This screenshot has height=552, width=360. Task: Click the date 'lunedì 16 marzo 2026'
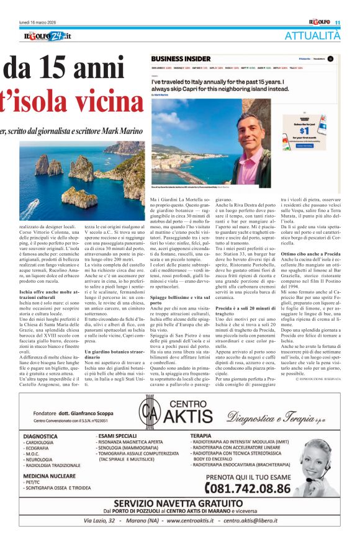[x=43, y=22]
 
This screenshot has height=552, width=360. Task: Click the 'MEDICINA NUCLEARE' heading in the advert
[x=50, y=479]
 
